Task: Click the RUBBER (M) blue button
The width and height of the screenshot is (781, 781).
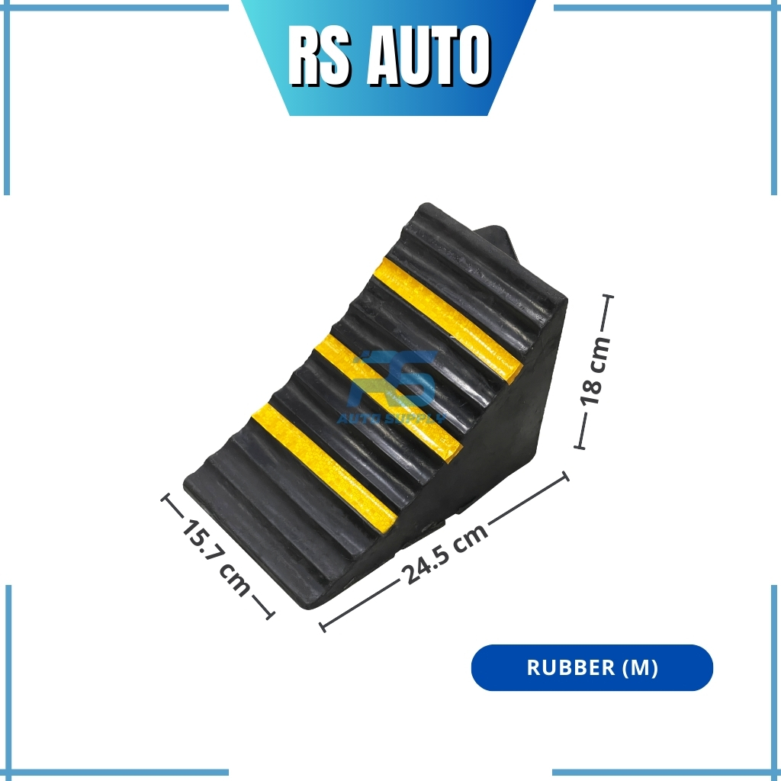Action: pyautogui.click(x=592, y=667)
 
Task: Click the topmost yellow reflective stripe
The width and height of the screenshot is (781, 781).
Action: pyautogui.click(x=448, y=319)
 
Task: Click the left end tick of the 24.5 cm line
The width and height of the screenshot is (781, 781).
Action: pyautogui.click(x=323, y=628)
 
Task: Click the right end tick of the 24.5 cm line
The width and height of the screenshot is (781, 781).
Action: pyautogui.click(x=565, y=477)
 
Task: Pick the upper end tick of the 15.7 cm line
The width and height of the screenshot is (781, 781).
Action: pyautogui.click(x=165, y=498)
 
